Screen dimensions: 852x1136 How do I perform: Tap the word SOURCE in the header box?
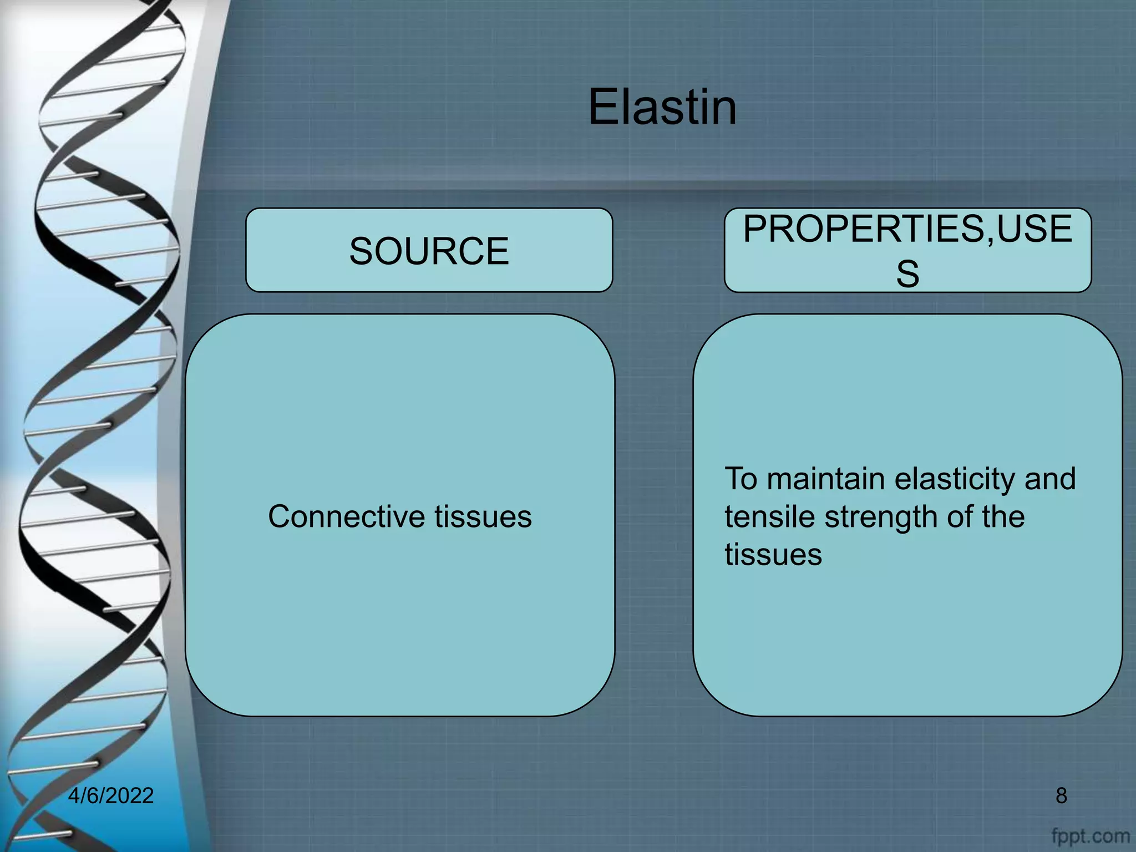point(429,251)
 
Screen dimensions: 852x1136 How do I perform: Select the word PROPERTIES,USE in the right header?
point(907,229)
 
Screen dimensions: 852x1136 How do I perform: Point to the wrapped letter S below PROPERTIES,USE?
point(907,273)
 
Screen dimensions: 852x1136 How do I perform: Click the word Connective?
point(346,516)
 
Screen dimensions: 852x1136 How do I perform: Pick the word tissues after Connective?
point(483,516)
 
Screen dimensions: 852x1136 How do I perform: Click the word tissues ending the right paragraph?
point(773,554)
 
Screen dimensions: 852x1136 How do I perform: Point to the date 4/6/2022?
point(110,795)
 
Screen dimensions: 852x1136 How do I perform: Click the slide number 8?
point(1061,795)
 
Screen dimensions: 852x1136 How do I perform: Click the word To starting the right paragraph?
point(741,479)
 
